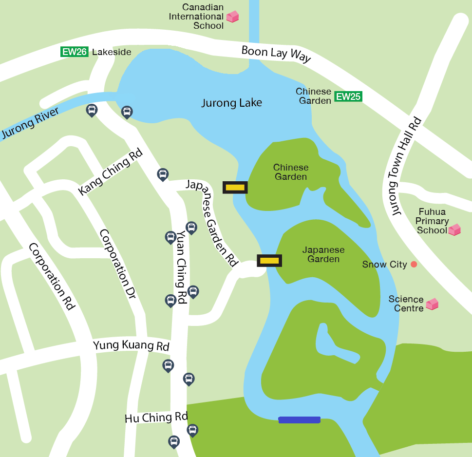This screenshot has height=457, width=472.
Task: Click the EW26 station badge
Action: pyautogui.click(x=75, y=52)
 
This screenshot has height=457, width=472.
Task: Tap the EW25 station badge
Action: pyautogui.click(x=348, y=96)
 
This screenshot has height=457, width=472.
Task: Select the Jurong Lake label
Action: pyautogui.click(x=232, y=103)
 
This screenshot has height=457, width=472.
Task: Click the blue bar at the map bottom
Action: pyautogui.click(x=299, y=419)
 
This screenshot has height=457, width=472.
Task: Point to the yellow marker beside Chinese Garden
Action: pyautogui.click(x=235, y=187)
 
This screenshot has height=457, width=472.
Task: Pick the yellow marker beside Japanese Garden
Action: pyautogui.click(x=269, y=261)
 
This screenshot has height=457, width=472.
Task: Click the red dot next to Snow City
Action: pyautogui.click(x=414, y=265)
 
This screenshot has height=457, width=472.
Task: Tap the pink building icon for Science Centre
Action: pyautogui.click(x=432, y=305)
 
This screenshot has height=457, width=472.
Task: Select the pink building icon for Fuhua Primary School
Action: pyautogui.click(x=454, y=229)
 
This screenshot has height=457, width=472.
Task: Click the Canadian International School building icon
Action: pyautogui.click(x=233, y=17)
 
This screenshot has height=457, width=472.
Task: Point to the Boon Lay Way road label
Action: pyautogui.click(x=276, y=54)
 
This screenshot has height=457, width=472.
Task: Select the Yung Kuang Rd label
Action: pyautogui.click(x=131, y=346)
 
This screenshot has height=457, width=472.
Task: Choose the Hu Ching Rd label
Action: pyautogui.click(x=156, y=418)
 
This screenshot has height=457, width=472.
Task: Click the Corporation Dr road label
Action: pyautogui.click(x=117, y=264)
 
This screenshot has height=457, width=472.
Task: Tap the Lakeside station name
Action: pyautogui.click(x=112, y=52)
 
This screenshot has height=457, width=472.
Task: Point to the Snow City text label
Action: pyautogui.click(x=384, y=265)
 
